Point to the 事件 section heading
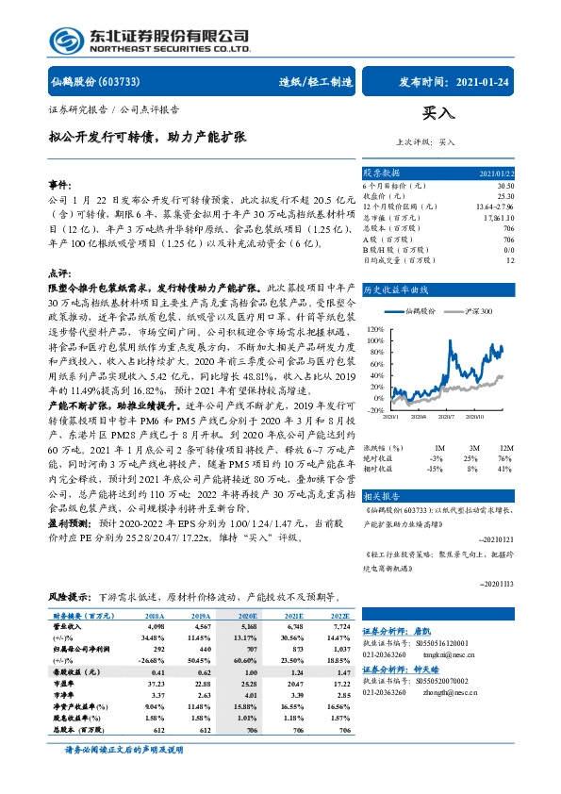pos(60,185)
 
